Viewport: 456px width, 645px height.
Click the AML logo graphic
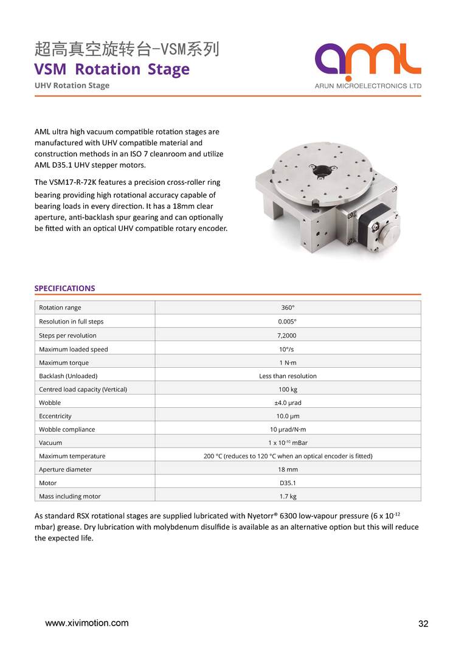click(x=368, y=61)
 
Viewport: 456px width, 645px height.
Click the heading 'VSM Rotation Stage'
click(x=112, y=69)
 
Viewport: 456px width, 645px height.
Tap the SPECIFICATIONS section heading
click(x=64, y=288)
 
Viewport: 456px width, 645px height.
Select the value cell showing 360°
click(x=288, y=308)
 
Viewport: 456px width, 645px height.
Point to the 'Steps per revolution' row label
click(x=67, y=336)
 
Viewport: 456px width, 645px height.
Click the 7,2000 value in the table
click(x=288, y=336)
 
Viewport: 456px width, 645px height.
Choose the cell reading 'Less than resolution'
click(x=288, y=376)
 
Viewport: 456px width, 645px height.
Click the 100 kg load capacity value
click(x=288, y=389)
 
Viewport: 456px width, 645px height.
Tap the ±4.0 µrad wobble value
click(x=288, y=402)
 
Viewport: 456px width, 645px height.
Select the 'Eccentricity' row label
click(x=55, y=416)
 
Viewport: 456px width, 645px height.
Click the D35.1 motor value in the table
click(x=288, y=483)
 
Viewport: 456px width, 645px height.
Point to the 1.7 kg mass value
click(x=288, y=497)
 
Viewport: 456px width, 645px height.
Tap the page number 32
click(x=424, y=624)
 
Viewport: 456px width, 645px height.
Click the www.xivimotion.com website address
click(x=87, y=623)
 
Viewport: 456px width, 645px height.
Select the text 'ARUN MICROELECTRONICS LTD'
click(x=368, y=86)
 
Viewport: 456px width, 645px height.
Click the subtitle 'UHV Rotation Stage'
click(x=72, y=86)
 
